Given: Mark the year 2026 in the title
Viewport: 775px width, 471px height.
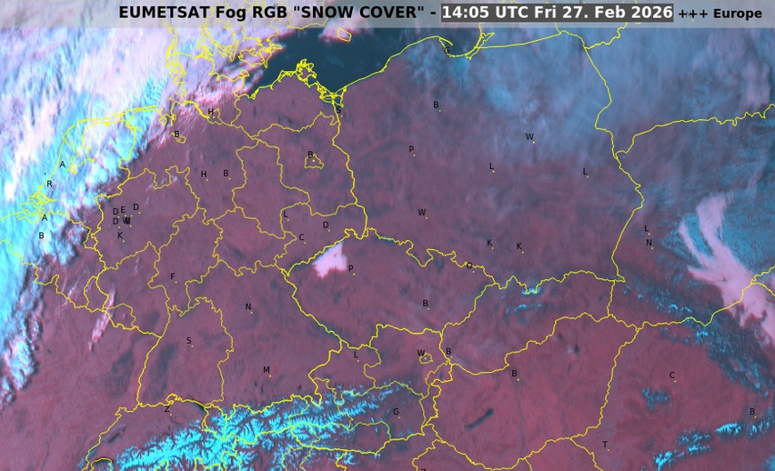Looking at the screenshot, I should pos(649,13).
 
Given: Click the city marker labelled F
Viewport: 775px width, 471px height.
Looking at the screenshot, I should pos(173,277).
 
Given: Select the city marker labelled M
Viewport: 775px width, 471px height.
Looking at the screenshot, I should pos(267,371).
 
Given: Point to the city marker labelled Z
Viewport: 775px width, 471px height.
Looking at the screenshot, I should pos(166,410).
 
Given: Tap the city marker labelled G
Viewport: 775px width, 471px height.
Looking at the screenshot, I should pos(396,412).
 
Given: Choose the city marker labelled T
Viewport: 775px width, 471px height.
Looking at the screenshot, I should pos(605,446).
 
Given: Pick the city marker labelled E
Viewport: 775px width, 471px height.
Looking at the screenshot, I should pos(123,210).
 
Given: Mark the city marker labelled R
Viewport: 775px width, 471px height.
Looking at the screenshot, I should pos(49,185).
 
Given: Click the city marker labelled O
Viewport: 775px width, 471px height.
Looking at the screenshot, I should pos(469,266).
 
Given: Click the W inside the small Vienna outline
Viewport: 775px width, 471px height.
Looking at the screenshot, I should pos(420,354).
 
